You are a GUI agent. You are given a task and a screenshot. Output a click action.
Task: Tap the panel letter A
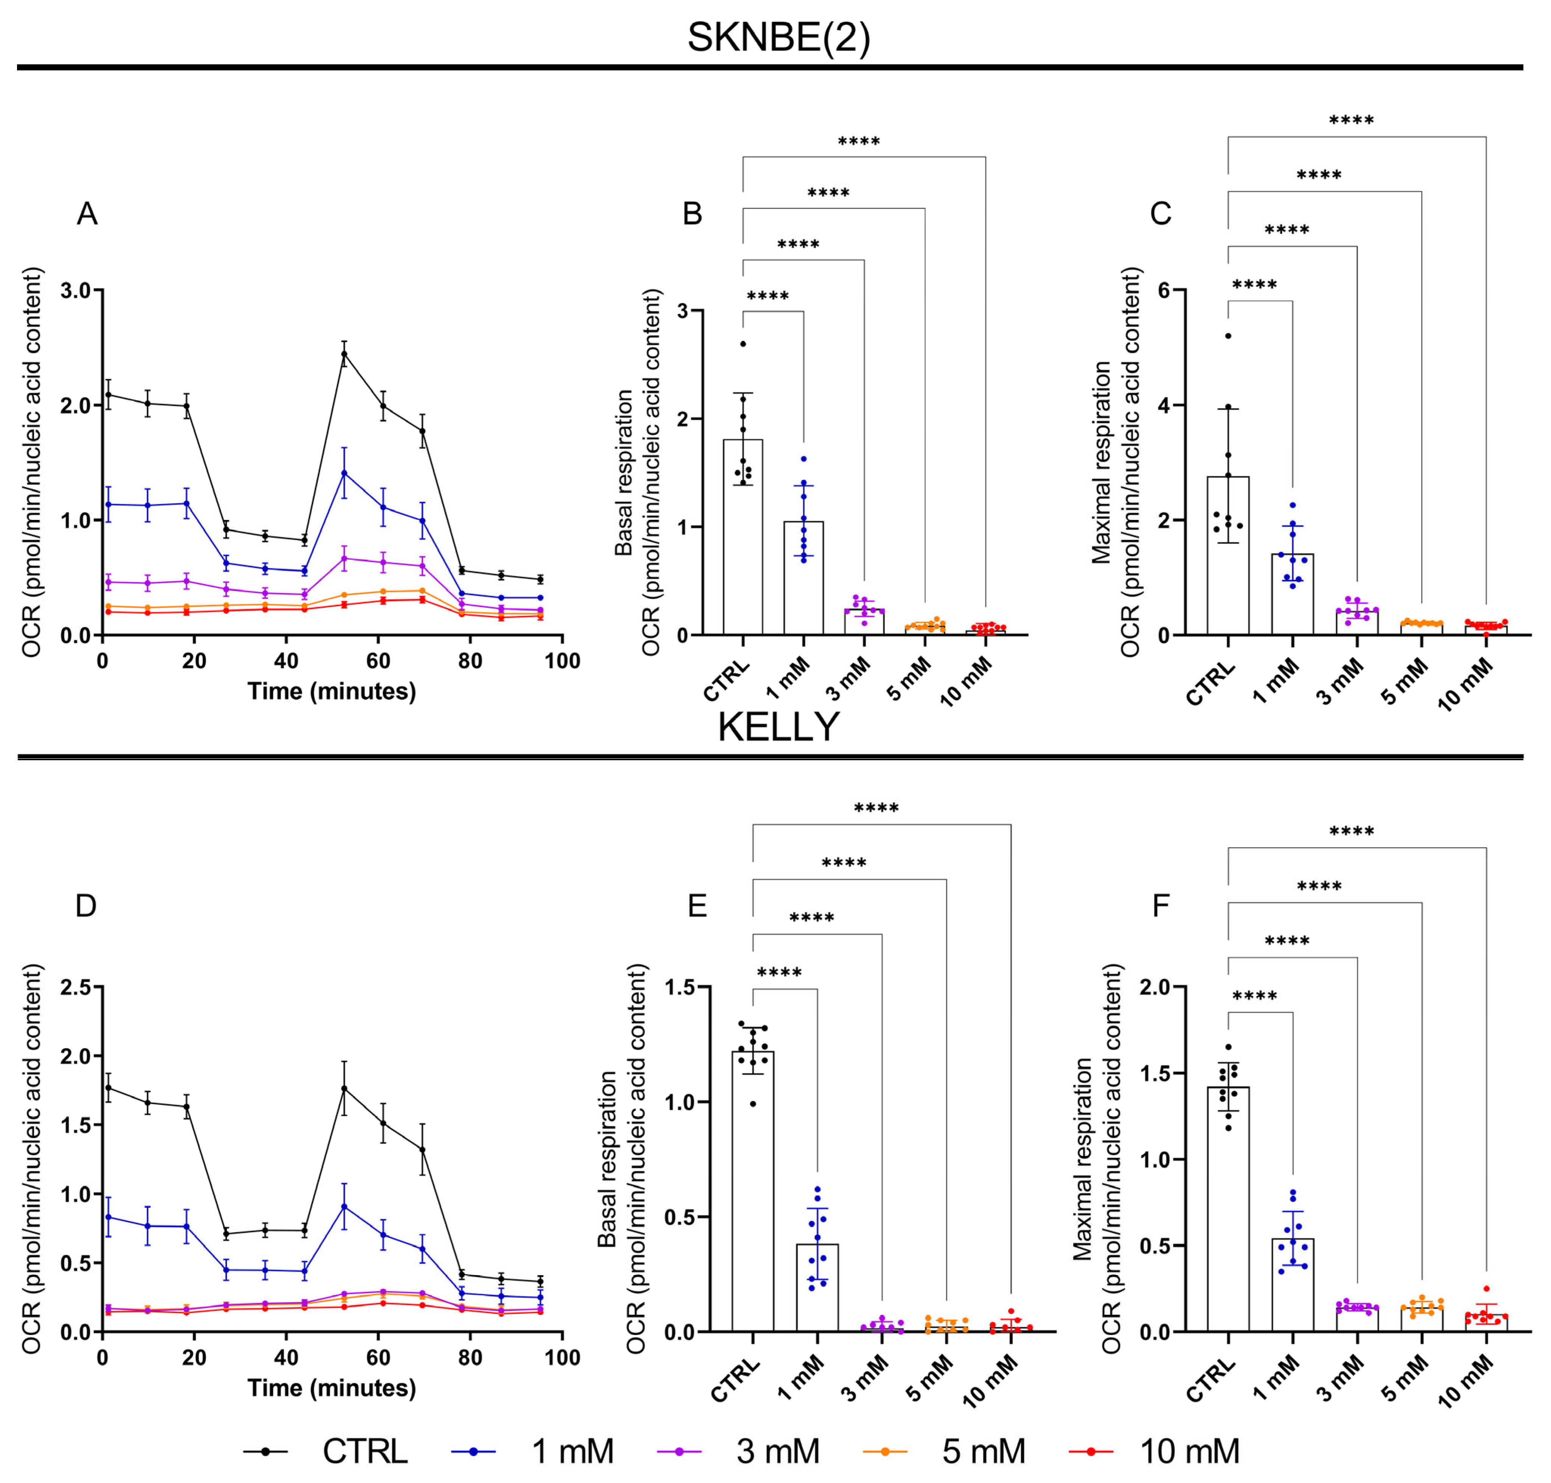pyautogui.click(x=87, y=213)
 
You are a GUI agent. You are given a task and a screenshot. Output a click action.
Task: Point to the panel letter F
pyautogui.click(x=1160, y=905)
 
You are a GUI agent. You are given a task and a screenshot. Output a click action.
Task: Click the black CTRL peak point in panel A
pyautogui.click(x=344, y=354)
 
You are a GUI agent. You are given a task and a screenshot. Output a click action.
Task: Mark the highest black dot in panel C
pyautogui.click(x=1228, y=336)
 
